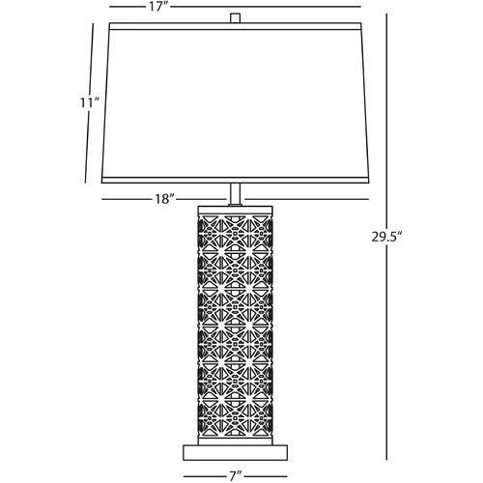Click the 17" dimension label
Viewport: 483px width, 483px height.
tap(158, 7)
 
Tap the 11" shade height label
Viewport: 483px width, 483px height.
tap(90, 103)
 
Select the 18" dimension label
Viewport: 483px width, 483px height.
tap(164, 199)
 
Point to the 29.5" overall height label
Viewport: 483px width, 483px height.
tap(387, 237)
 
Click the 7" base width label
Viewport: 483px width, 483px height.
tap(235, 476)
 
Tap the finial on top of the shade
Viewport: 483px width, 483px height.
tap(236, 18)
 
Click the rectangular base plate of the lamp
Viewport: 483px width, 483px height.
tap(235, 452)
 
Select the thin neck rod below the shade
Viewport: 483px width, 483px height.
tap(236, 194)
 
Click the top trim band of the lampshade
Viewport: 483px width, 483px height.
tap(236, 26)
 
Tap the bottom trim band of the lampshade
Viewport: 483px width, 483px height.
tap(236, 180)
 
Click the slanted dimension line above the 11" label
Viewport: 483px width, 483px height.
tap(92, 59)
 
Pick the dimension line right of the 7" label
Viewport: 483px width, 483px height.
tap(268, 476)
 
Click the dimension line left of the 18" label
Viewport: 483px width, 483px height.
tap(126, 199)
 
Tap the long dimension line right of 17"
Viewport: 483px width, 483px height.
tap(266, 7)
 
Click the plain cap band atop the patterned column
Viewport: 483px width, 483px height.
tap(236, 210)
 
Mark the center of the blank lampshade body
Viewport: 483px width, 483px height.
tap(236, 103)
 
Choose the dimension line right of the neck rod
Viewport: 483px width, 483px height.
tap(306, 199)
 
